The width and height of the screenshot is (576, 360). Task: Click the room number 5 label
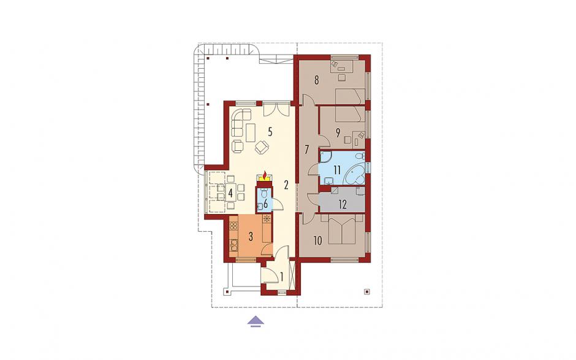pyautogui.click(x=270, y=132)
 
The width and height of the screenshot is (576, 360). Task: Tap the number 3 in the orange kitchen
pyautogui.click(x=251, y=236)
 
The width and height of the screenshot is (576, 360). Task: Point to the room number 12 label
pyautogui.click(x=343, y=204)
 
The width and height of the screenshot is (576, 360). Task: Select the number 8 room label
pyautogui.click(x=316, y=80)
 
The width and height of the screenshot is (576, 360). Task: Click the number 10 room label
pyautogui.click(x=318, y=241)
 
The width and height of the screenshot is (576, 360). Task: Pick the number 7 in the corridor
pyautogui.click(x=307, y=149)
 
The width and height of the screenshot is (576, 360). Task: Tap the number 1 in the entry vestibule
pyautogui.click(x=282, y=277)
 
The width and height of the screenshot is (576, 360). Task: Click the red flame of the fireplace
pyautogui.click(x=265, y=174)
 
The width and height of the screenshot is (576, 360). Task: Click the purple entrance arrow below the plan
pyautogui.click(x=256, y=321)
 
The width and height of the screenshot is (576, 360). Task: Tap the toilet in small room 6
pyautogui.click(x=263, y=193)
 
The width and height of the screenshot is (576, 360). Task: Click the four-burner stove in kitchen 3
pyautogui.click(x=233, y=226)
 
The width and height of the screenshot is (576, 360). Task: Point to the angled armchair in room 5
pyautogui.click(x=262, y=147)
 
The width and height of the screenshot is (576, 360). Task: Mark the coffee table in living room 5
pyautogui.click(x=251, y=132)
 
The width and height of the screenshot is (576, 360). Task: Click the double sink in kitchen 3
pyautogui.click(x=233, y=245)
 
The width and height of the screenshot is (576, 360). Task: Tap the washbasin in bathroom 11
pyautogui.click(x=329, y=180)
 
